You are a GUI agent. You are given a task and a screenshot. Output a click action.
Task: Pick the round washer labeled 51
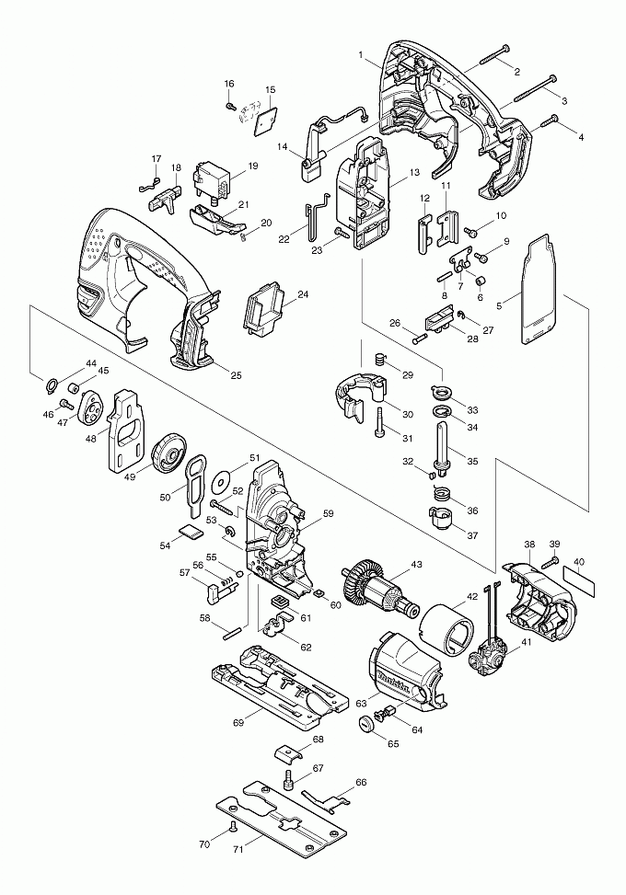coord(220,478)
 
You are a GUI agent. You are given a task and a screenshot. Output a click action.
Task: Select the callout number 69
coord(238,725)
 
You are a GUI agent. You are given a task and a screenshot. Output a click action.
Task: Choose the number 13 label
coord(414,172)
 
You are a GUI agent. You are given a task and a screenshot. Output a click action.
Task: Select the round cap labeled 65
coord(368,723)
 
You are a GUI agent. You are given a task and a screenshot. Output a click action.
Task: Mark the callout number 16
coord(229,85)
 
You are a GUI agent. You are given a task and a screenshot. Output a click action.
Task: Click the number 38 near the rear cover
coord(530,545)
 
